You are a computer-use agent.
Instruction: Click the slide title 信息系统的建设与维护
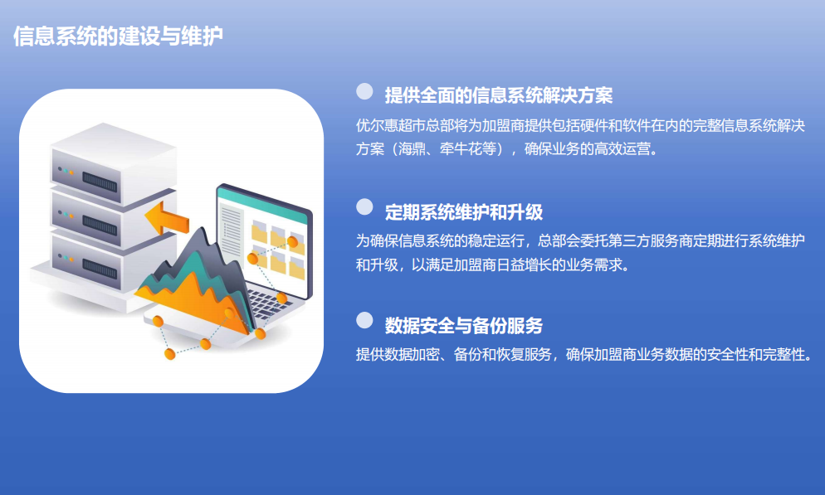click(119, 36)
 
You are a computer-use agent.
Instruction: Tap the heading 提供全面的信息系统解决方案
click(499, 95)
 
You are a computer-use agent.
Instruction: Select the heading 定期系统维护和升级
click(463, 212)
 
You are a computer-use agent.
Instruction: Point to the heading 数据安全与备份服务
click(463, 326)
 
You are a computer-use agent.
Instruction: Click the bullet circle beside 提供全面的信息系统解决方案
click(364, 91)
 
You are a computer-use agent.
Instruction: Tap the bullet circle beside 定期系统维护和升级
click(364, 207)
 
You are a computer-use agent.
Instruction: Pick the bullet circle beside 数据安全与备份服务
click(364, 320)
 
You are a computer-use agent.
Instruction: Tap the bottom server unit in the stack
click(113, 263)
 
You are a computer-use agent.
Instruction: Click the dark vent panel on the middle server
click(100, 226)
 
